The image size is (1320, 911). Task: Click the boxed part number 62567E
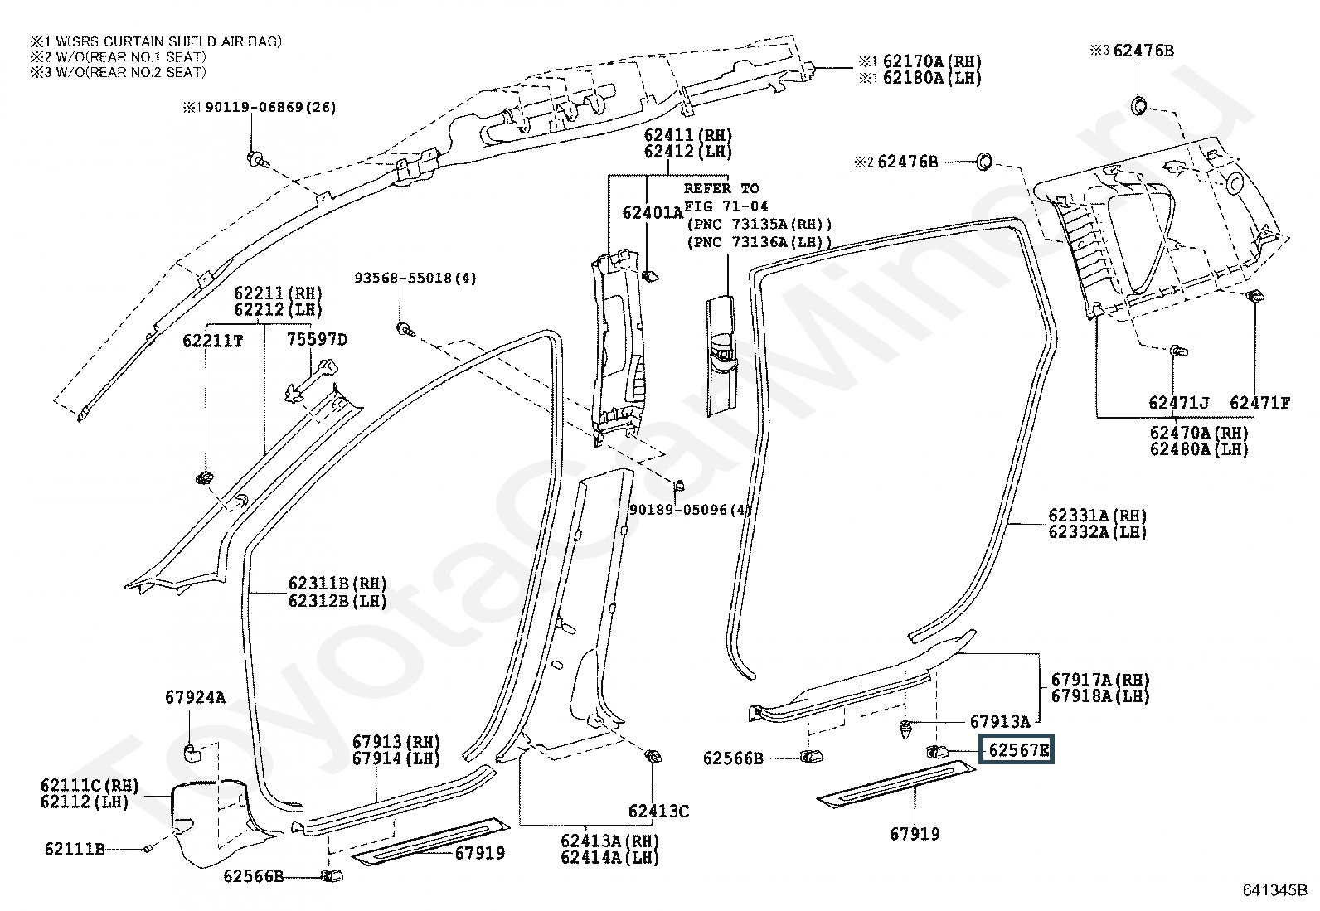tap(1017, 751)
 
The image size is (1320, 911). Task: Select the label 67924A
tap(195, 697)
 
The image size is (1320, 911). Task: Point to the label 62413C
tap(658, 811)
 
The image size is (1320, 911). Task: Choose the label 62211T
tap(213, 340)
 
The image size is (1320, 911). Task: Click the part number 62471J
tap(1178, 403)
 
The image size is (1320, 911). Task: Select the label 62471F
tap(1259, 403)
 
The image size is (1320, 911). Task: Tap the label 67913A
tap(999, 721)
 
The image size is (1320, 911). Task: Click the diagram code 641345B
tap(1275, 890)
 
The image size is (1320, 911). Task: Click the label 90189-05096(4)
tap(689, 510)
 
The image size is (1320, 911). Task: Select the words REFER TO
tap(721, 188)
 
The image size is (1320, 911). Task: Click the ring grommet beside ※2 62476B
tap(984, 161)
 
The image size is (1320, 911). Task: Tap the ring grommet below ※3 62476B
tap(1138, 105)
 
